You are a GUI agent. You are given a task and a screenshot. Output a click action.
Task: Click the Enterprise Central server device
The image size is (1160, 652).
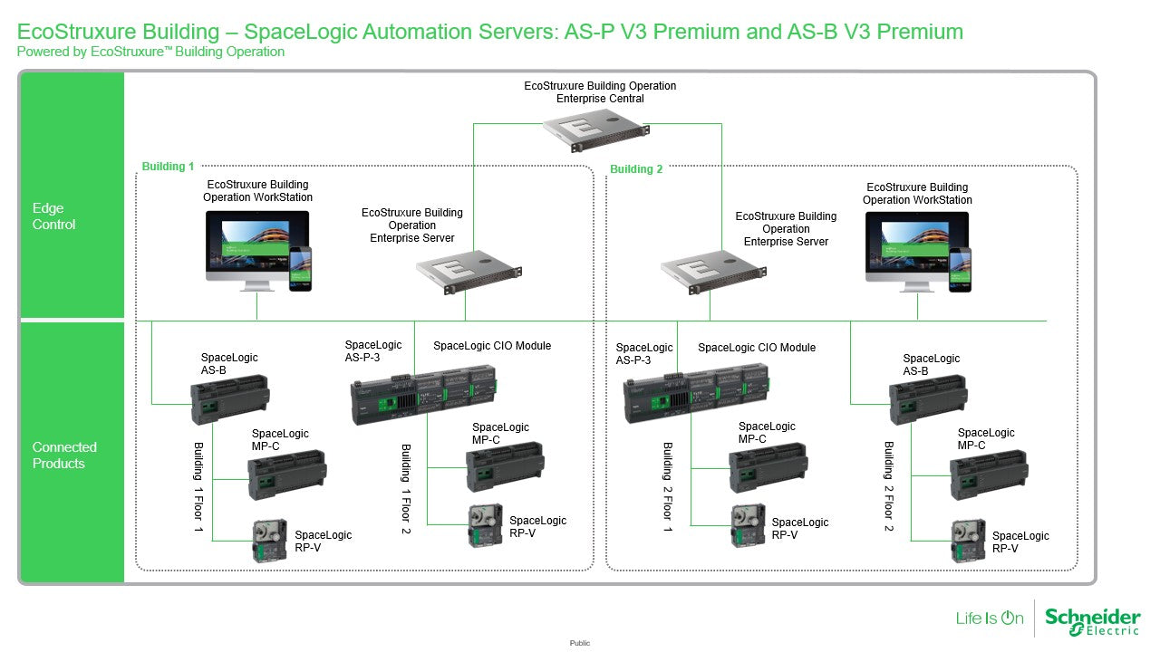pyautogui.click(x=595, y=133)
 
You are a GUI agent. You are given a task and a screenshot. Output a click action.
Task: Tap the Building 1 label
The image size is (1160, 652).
pyautogui.click(x=168, y=166)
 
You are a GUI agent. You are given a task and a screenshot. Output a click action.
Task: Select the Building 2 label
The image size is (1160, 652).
pyautogui.click(x=636, y=169)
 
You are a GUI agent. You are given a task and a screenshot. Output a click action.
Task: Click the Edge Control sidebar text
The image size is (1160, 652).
pyautogui.click(x=53, y=216)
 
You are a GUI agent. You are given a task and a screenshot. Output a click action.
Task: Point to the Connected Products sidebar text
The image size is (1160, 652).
pyautogui.click(x=64, y=455)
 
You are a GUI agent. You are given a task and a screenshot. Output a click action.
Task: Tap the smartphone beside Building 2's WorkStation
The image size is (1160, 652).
pyautogui.click(x=960, y=270)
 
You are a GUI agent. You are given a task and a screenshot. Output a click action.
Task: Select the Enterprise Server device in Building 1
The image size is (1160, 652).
pyautogui.click(x=469, y=272)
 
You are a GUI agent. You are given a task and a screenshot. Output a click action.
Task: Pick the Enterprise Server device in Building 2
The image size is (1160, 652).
pyautogui.click(x=713, y=272)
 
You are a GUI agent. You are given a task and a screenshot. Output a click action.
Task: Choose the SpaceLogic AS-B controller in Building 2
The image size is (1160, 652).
pyautogui.click(x=928, y=399)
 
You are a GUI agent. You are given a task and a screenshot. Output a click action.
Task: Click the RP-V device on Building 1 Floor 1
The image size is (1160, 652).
pyautogui.click(x=269, y=541)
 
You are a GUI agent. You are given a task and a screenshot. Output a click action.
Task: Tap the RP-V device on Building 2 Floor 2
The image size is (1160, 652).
pyautogui.click(x=968, y=541)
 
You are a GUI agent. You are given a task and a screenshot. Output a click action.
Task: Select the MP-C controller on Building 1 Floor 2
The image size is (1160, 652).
pyautogui.click(x=505, y=466)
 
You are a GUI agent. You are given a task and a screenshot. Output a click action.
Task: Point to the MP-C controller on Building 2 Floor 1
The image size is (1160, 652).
pyautogui.click(x=768, y=467)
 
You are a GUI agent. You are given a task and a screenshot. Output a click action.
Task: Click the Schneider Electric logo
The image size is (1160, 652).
pyautogui.click(x=1093, y=621)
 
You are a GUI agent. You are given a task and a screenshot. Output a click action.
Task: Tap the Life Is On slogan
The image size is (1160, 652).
pyautogui.click(x=989, y=618)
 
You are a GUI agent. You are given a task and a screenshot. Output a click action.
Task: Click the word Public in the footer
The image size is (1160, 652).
pyautogui.click(x=579, y=643)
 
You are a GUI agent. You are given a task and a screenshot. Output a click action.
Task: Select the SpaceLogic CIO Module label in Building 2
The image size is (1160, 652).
pyautogui.click(x=757, y=348)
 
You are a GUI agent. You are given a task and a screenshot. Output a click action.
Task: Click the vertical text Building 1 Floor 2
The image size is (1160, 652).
pyautogui.click(x=406, y=488)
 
